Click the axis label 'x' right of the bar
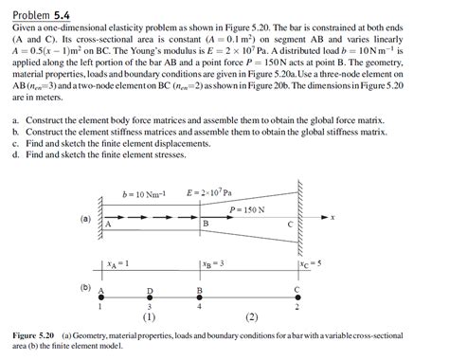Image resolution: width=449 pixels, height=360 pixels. (333, 216)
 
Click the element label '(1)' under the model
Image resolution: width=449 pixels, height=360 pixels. (150, 316)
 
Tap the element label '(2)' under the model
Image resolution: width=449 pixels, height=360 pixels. (251, 316)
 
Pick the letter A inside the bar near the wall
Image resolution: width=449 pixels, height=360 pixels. (109, 225)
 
